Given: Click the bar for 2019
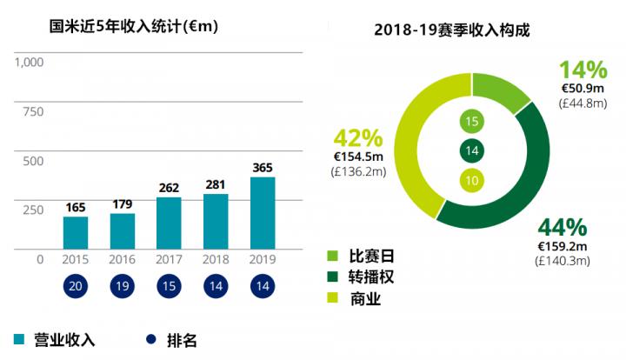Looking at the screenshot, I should [263, 213].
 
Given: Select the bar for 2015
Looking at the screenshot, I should [76, 233].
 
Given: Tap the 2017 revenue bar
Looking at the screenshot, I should [170, 223].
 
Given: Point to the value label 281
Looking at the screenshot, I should [216, 184].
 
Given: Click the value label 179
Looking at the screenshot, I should [123, 204].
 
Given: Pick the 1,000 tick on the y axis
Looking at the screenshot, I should [29, 63].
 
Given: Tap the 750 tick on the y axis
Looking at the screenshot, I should [33, 111].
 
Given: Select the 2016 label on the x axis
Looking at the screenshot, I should [123, 260].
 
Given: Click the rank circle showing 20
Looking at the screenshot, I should [76, 288].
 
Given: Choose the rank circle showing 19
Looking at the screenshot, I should [123, 288].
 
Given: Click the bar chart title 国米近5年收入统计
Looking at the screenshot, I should [134, 26].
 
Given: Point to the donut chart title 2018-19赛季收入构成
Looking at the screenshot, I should [452, 30].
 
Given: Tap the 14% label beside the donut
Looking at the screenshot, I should [583, 70].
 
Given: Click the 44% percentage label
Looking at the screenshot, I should [563, 228].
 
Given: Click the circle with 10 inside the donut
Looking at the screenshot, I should [471, 180].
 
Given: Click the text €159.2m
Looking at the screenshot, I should [563, 246].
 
